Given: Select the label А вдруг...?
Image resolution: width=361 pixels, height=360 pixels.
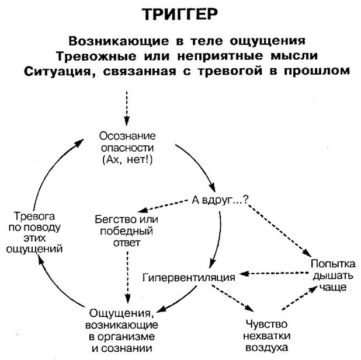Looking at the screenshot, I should pos(219,200).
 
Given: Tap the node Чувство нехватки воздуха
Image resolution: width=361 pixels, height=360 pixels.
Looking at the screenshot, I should pos(267,333).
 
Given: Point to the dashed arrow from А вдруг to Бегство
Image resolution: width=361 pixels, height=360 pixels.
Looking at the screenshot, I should pos(168,205).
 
